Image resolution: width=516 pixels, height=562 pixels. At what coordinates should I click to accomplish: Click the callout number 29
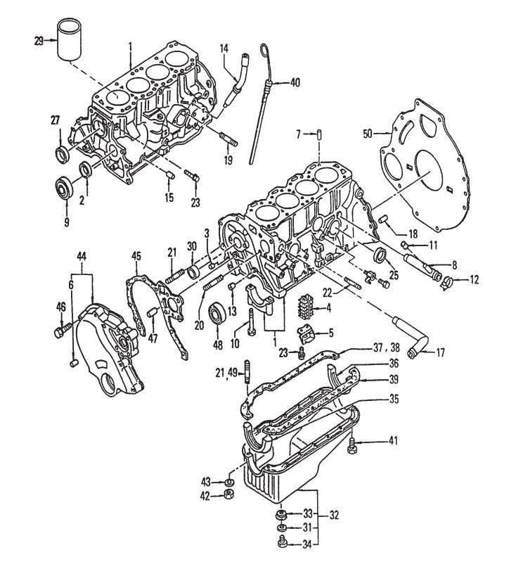[39, 41]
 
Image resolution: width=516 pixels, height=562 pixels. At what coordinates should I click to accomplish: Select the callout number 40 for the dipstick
[294, 83]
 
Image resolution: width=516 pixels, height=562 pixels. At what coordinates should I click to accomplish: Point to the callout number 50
[367, 132]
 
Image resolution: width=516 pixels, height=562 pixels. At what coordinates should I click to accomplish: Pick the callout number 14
[224, 49]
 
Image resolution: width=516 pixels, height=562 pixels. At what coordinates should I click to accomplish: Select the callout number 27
[56, 120]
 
